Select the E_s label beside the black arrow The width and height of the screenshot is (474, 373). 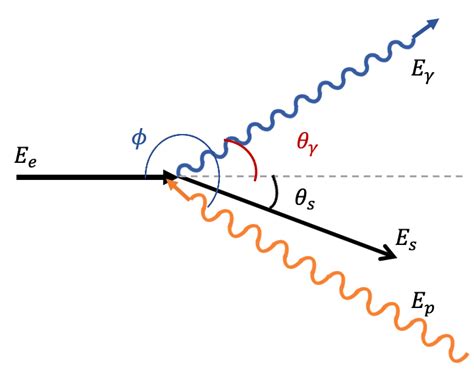pyautogui.click(x=406, y=239)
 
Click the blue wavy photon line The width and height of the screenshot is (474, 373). pyautogui.click(x=320, y=95)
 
